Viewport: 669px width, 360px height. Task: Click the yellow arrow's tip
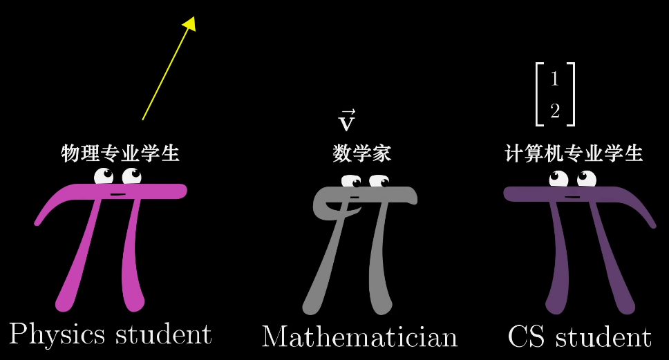pyautogui.click(x=191, y=22)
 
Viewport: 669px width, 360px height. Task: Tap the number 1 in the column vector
pyautogui.click(x=554, y=79)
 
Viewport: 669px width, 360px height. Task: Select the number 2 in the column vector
pyautogui.click(x=554, y=111)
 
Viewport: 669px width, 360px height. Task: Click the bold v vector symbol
pyautogui.click(x=346, y=124)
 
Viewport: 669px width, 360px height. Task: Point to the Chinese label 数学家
pyautogui.click(x=361, y=153)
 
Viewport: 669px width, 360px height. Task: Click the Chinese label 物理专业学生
pyautogui.click(x=120, y=153)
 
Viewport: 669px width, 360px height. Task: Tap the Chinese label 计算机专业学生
pyautogui.click(x=574, y=153)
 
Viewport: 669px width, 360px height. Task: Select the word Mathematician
pyautogui.click(x=359, y=337)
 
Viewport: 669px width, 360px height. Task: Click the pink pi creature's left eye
pyautogui.click(x=104, y=176)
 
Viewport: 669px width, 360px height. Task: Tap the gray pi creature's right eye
pyautogui.click(x=379, y=182)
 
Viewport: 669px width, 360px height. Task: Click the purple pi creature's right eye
pyautogui.click(x=587, y=180)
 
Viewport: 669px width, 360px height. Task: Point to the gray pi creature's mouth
pyautogui.click(x=355, y=198)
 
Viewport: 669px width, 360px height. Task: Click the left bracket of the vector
pyautogui.click(x=539, y=94)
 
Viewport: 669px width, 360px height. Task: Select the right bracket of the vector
pyautogui.click(x=571, y=94)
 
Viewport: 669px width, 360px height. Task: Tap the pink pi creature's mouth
pyautogui.click(x=117, y=194)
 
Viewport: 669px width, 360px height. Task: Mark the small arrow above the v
pyautogui.click(x=348, y=113)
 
